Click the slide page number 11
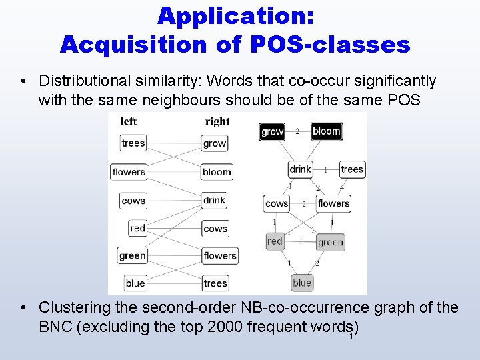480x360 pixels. [353, 335]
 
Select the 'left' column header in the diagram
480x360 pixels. [129, 121]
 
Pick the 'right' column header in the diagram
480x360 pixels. [217, 121]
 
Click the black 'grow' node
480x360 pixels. [272, 131]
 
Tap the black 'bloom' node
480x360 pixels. [326, 131]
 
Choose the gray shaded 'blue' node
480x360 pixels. [301, 283]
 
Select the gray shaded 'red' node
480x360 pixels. [275, 241]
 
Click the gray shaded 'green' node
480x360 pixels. [330, 242]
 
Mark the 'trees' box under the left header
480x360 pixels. [133, 143]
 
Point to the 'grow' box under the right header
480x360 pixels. [215, 143]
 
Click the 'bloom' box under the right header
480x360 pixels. [217, 171]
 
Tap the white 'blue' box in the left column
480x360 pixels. [135, 283]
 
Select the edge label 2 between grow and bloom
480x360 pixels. [297, 131]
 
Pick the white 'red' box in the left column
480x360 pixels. [137, 228]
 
